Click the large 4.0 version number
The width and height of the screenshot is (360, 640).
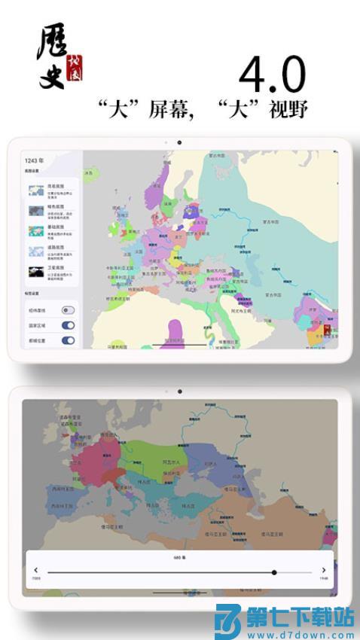point(272,75)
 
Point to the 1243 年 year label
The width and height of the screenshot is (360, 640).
point(34,160)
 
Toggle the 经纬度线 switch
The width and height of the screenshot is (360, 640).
point(68,310)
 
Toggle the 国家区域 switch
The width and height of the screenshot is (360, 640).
point(68,325)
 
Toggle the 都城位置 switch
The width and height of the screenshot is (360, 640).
point(68,340)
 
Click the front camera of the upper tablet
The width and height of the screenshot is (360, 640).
point(179,142)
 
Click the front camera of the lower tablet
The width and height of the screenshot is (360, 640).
point(179,392)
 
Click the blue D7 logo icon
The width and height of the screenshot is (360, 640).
point(228,620)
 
